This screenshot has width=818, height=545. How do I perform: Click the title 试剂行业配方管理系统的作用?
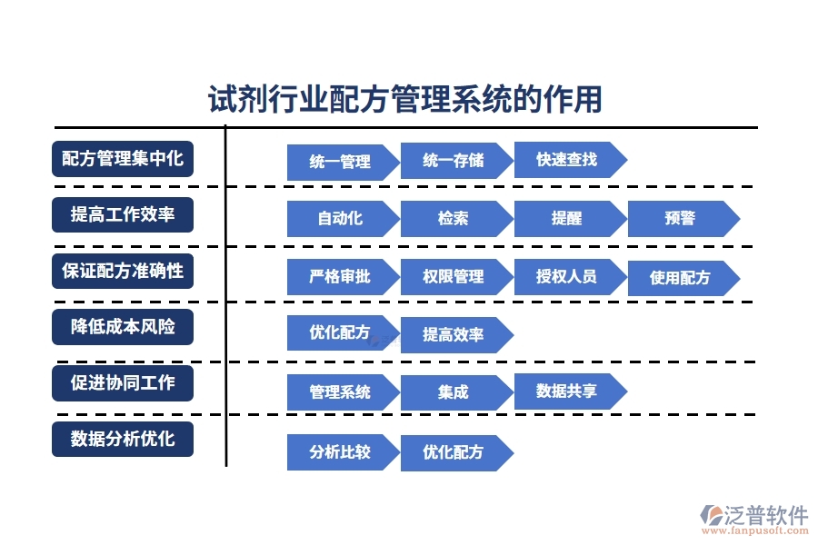click(x=405, y=99)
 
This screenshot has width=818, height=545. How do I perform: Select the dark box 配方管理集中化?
click(x=123, y=159)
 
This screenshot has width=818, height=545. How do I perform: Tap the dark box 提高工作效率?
click(x=123, y=215)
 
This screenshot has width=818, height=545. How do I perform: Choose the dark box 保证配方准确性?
click(x=123, y=271)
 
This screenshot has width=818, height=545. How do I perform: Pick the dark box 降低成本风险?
click(x=123, y=326)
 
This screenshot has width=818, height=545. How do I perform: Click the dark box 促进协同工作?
click(x=123, y=382)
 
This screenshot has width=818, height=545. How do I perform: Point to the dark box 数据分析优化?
click(x=123, y=439)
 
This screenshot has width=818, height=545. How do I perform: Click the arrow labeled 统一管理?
click(x=340, y=162)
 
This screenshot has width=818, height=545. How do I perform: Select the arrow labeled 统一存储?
click(x=454, y=162)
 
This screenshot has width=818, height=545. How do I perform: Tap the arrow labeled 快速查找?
click(x=567, y=160)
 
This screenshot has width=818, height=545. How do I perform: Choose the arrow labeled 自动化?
click(x=340, y=218)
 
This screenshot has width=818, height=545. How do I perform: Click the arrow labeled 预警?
click(x=681, y=218)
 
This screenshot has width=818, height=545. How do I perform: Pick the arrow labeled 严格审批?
click(x=340, y=276)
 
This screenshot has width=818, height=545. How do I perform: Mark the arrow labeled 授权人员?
click(x=567, y=276)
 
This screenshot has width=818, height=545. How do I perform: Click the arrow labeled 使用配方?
click(x=681, y=278)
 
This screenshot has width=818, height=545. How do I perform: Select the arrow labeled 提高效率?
click(x=454, y=334)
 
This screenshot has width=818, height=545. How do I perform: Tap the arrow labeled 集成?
click(x=454, y=392)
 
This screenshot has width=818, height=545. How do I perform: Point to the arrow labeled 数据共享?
click(x=567, y=391)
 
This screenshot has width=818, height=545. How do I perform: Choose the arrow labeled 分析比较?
click(x=340, y=451)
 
